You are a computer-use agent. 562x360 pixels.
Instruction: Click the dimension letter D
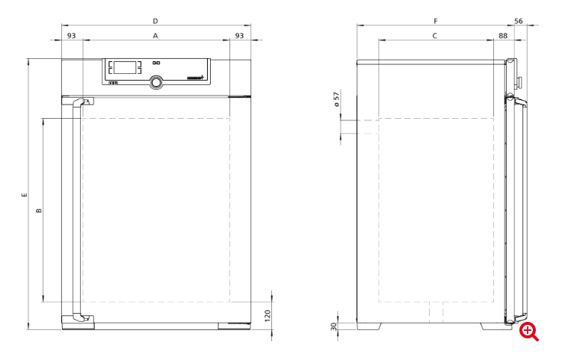(x=155, y=21)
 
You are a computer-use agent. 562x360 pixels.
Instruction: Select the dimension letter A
(x=155, y=36)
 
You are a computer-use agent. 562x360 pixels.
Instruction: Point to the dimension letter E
(x=24, y=195)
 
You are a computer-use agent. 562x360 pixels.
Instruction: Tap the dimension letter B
(x=39, y=211)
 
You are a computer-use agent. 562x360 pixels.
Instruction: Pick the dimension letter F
(x=436, y=21)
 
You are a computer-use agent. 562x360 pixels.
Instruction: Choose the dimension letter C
(x=435, y=36)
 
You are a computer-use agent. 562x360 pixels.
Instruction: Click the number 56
(x=519, y=21)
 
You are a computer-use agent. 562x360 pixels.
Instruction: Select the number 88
(x=503, y=36)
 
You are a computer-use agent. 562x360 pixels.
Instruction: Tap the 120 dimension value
(x=268, y=316)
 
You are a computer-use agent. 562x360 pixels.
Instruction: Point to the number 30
(x=333, y=326)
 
